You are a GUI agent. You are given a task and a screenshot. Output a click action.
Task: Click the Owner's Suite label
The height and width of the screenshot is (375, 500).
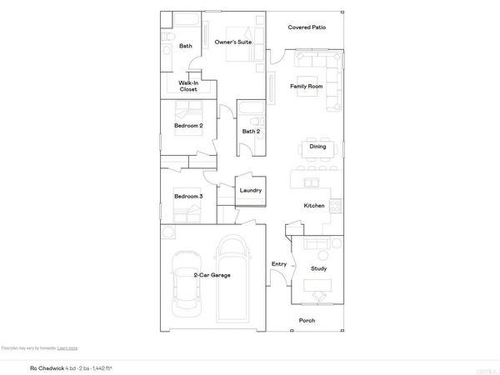[x=233, y=42]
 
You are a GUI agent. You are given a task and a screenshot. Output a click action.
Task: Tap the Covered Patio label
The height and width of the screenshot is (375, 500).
[x=307, y=27]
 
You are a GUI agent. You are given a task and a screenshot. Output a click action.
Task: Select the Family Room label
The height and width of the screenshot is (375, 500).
[x=306, y=87]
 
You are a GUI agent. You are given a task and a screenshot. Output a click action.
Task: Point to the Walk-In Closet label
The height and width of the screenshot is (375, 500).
[x=188, y=86]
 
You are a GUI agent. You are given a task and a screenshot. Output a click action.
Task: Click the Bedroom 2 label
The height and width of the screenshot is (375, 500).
[x=187, y=126]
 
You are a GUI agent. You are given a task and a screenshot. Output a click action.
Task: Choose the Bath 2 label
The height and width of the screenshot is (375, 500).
[x=251, y=132]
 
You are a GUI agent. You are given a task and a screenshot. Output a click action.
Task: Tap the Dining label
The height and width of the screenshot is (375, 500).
[x=317, y=147]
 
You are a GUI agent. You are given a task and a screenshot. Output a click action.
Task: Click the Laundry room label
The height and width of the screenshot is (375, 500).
[x=251, y=191]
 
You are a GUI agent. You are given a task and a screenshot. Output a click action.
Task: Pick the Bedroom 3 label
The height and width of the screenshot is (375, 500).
[x=187, y=197]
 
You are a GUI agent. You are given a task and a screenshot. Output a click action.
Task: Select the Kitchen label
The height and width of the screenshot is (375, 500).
[x=313, y=205]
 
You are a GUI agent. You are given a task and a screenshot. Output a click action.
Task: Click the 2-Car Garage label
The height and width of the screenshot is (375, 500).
[x=212, y=275]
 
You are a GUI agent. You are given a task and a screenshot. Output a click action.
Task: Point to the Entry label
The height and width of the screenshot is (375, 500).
[x=279, y=265]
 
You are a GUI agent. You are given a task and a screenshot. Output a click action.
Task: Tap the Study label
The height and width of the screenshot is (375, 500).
[x=318, y=268]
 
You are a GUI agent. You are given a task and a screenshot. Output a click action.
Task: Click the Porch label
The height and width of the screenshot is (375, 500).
[x=307, y=320]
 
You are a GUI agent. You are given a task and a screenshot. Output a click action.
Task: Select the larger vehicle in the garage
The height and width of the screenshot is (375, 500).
[x=232, y=279]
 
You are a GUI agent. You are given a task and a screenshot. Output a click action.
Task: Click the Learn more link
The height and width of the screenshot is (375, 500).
[x=68, y=347]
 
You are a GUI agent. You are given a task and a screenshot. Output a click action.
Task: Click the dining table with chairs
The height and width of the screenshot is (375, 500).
[x=317, y=147]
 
